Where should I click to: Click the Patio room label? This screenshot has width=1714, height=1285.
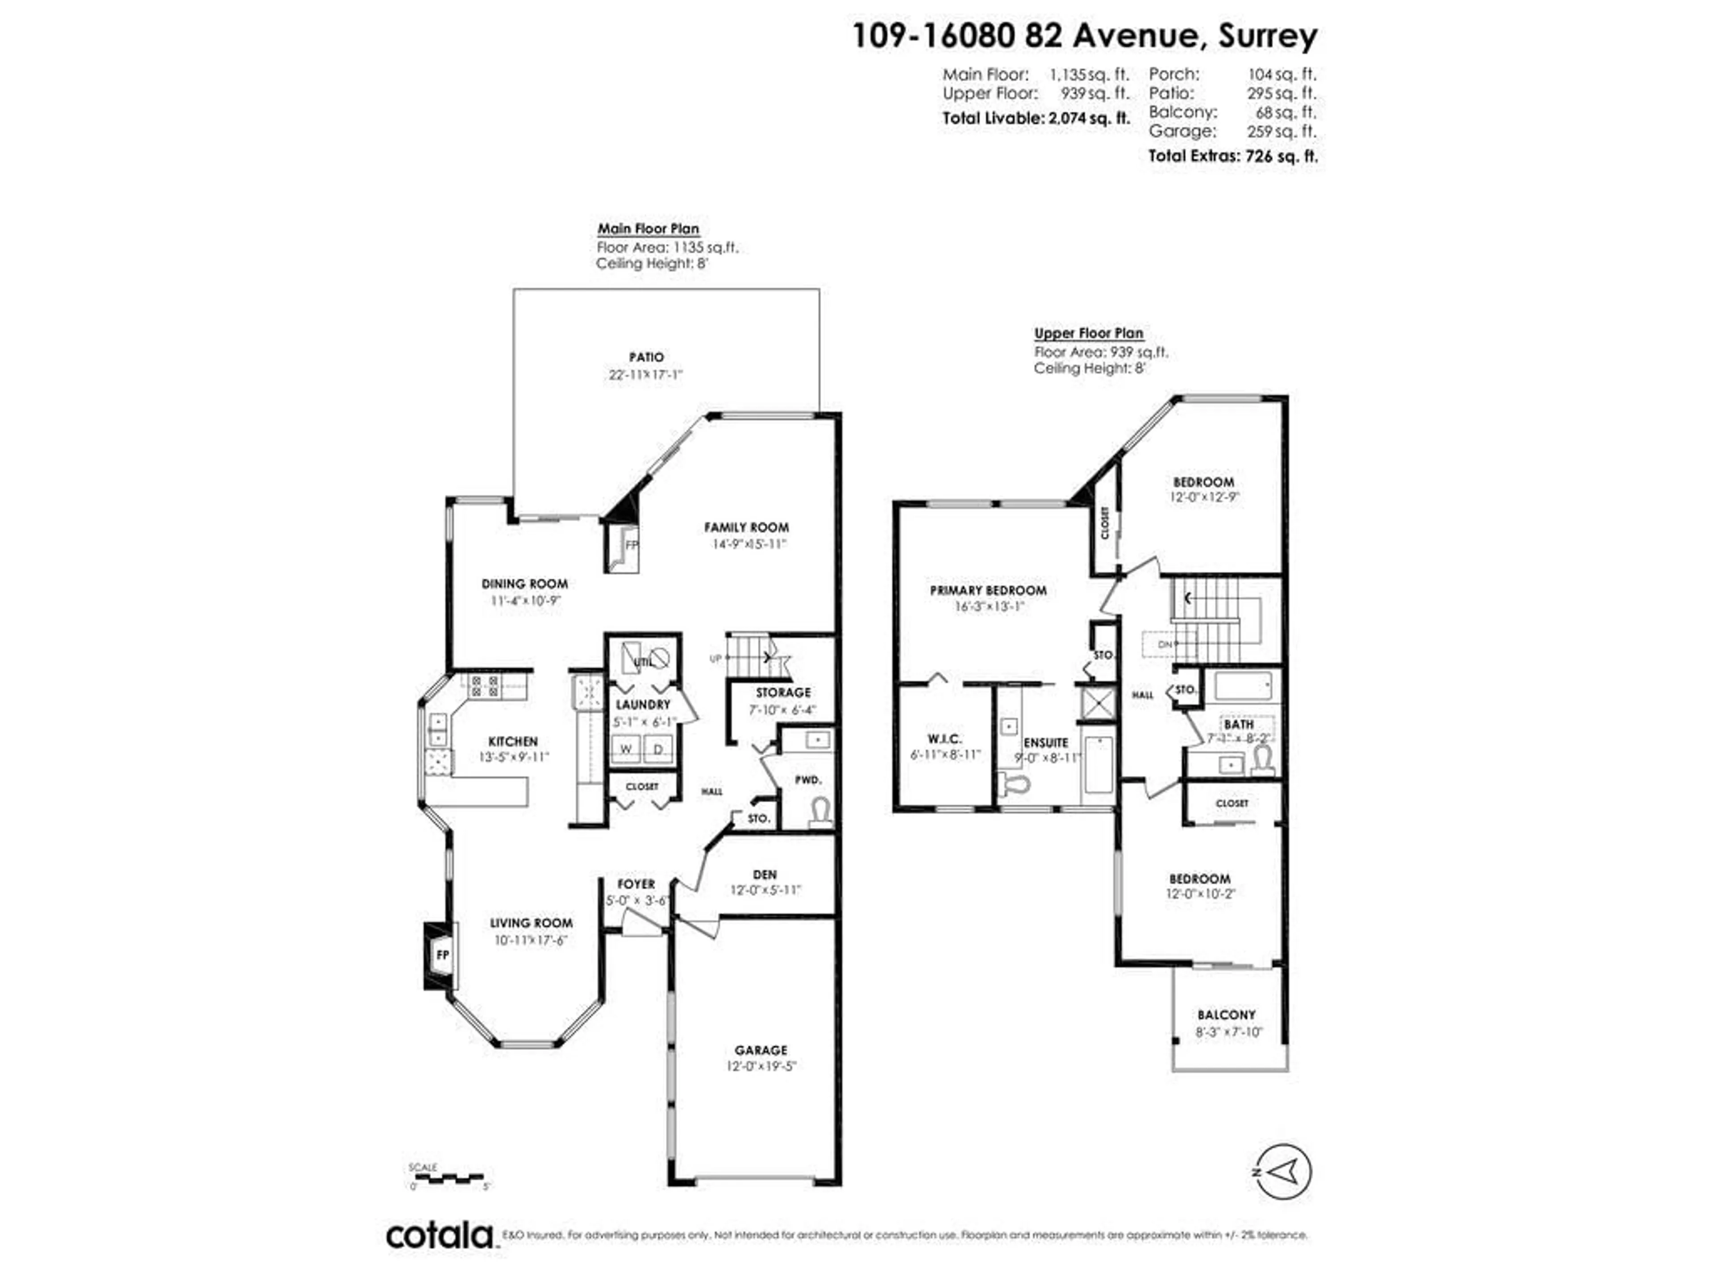pyautogui.click(x=646, y=357)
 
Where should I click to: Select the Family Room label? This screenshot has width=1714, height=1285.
pyautogui.click(x=746, y=527)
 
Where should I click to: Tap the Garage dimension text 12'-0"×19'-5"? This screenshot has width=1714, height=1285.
pyautogui.click(x=761, y=1066)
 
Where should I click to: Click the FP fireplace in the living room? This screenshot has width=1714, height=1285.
pyautogui.click(x=442, y=955)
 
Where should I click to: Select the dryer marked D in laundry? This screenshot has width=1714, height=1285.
pyautogui.click(x=659, y=749)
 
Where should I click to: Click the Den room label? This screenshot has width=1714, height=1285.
pyautogui.click(x=764, y=875)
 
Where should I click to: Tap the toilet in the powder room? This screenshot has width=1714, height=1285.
pyautogui.click(x=820, y=811)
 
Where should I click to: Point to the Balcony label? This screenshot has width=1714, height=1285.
pyautogui.click(x=1226, y=1015)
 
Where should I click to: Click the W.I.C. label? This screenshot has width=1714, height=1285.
pyautogui.click(x=944, y=739)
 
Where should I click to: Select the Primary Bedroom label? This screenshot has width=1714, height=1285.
pyautogui.click(x=988, y=590)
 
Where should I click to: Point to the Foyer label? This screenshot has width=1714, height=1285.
pyautogui.click(x=636, y=884)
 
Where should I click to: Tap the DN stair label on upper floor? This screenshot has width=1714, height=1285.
pyautogui.click(x=1165, y=644)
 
